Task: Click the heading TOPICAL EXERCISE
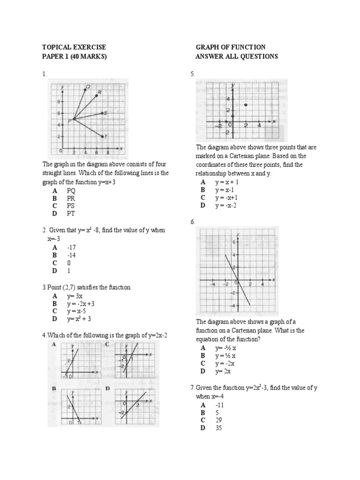pos(74,47)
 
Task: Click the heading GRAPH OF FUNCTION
pos(230,47)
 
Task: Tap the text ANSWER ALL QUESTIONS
pos(236,57)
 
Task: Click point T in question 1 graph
pos(102,136)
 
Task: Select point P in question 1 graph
pos(73,120)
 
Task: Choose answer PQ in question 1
pos(71,191)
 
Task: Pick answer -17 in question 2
pos(71,247)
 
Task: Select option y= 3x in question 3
pos(75,296)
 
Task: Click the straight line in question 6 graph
pos(237,280)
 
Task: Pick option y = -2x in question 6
pos(225,363)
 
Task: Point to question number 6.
pos(192,222)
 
